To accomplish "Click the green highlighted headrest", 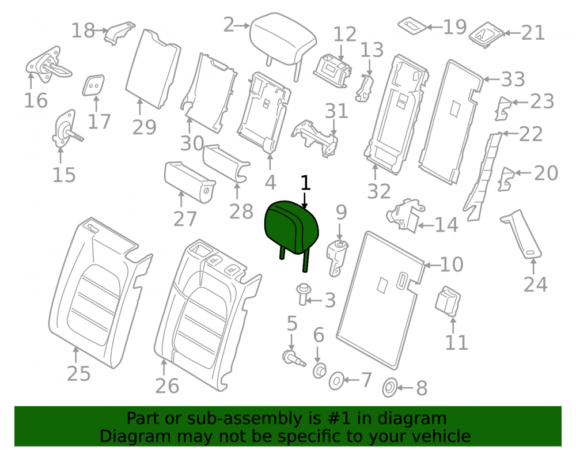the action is coord(291,228).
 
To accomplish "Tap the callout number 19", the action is coord(455,27).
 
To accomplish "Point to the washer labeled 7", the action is coord(336,381).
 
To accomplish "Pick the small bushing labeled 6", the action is coord(319,370).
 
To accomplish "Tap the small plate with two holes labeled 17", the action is coord(93,85).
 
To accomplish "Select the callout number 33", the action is coord(513,80).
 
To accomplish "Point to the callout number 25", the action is coord(78,373).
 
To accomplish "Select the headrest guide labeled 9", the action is coord(336,257).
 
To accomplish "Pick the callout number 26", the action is coord(167,385).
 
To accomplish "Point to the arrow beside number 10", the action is coord(431,264).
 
